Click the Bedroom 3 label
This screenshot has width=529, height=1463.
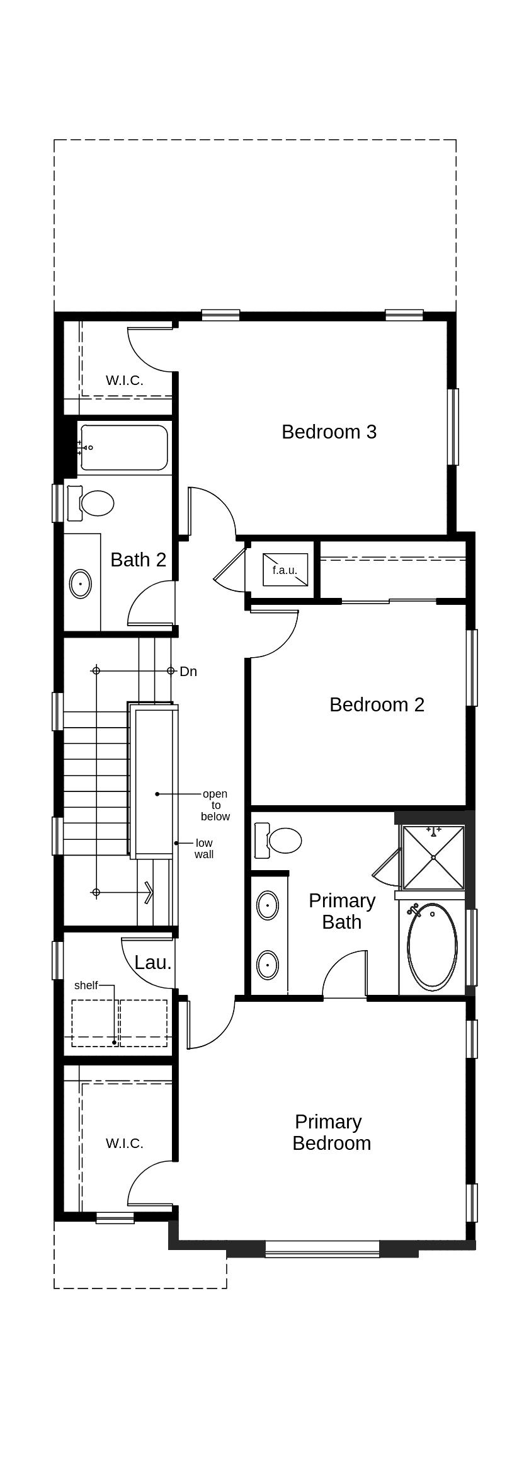click(329, 432)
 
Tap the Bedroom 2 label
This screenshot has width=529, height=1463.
click(377, 704)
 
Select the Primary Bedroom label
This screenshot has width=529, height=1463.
click(331, 1132)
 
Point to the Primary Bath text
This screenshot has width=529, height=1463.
click(341, 911)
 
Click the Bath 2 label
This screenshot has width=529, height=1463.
click(138, 559)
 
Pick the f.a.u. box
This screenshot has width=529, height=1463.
click(285, 570)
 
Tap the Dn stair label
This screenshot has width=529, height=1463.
click(188, 672)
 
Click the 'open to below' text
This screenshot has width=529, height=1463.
click(215, 805)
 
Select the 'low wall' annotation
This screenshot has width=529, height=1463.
click(204, 849)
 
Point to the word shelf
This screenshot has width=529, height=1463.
click(86, 985)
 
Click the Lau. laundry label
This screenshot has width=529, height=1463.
click(153, 963)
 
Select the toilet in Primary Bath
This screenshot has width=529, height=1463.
click(278, 840)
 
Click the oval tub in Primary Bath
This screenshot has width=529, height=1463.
click(432, 946)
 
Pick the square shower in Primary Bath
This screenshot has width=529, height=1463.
click(433, 857)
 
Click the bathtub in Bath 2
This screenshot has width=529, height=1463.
click(123, 448)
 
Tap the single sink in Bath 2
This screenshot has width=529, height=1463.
click(81, 584)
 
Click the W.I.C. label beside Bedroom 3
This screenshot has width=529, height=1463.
click(125, 381)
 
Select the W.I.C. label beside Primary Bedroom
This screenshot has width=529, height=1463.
click(125, 1144)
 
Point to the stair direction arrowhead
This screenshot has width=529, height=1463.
click(149, 892)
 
